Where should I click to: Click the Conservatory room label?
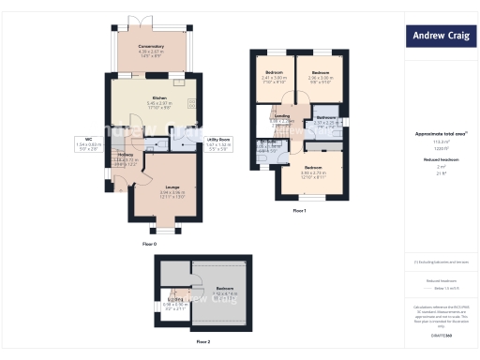pos(151,46)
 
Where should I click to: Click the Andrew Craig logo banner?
pos(442,37)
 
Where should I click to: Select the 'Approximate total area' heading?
pos(440,134)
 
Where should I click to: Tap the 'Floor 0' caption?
pos(149,244)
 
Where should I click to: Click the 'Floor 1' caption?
pos(299,212)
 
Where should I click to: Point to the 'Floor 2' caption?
pos(203,342)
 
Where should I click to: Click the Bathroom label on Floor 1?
pos(325,117)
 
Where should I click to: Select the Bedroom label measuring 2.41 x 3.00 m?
pos(274,72)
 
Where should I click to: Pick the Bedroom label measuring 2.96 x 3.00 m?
pos(321,72)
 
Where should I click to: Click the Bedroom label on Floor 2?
pos(225,288)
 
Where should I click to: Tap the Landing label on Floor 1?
pos(281,116)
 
